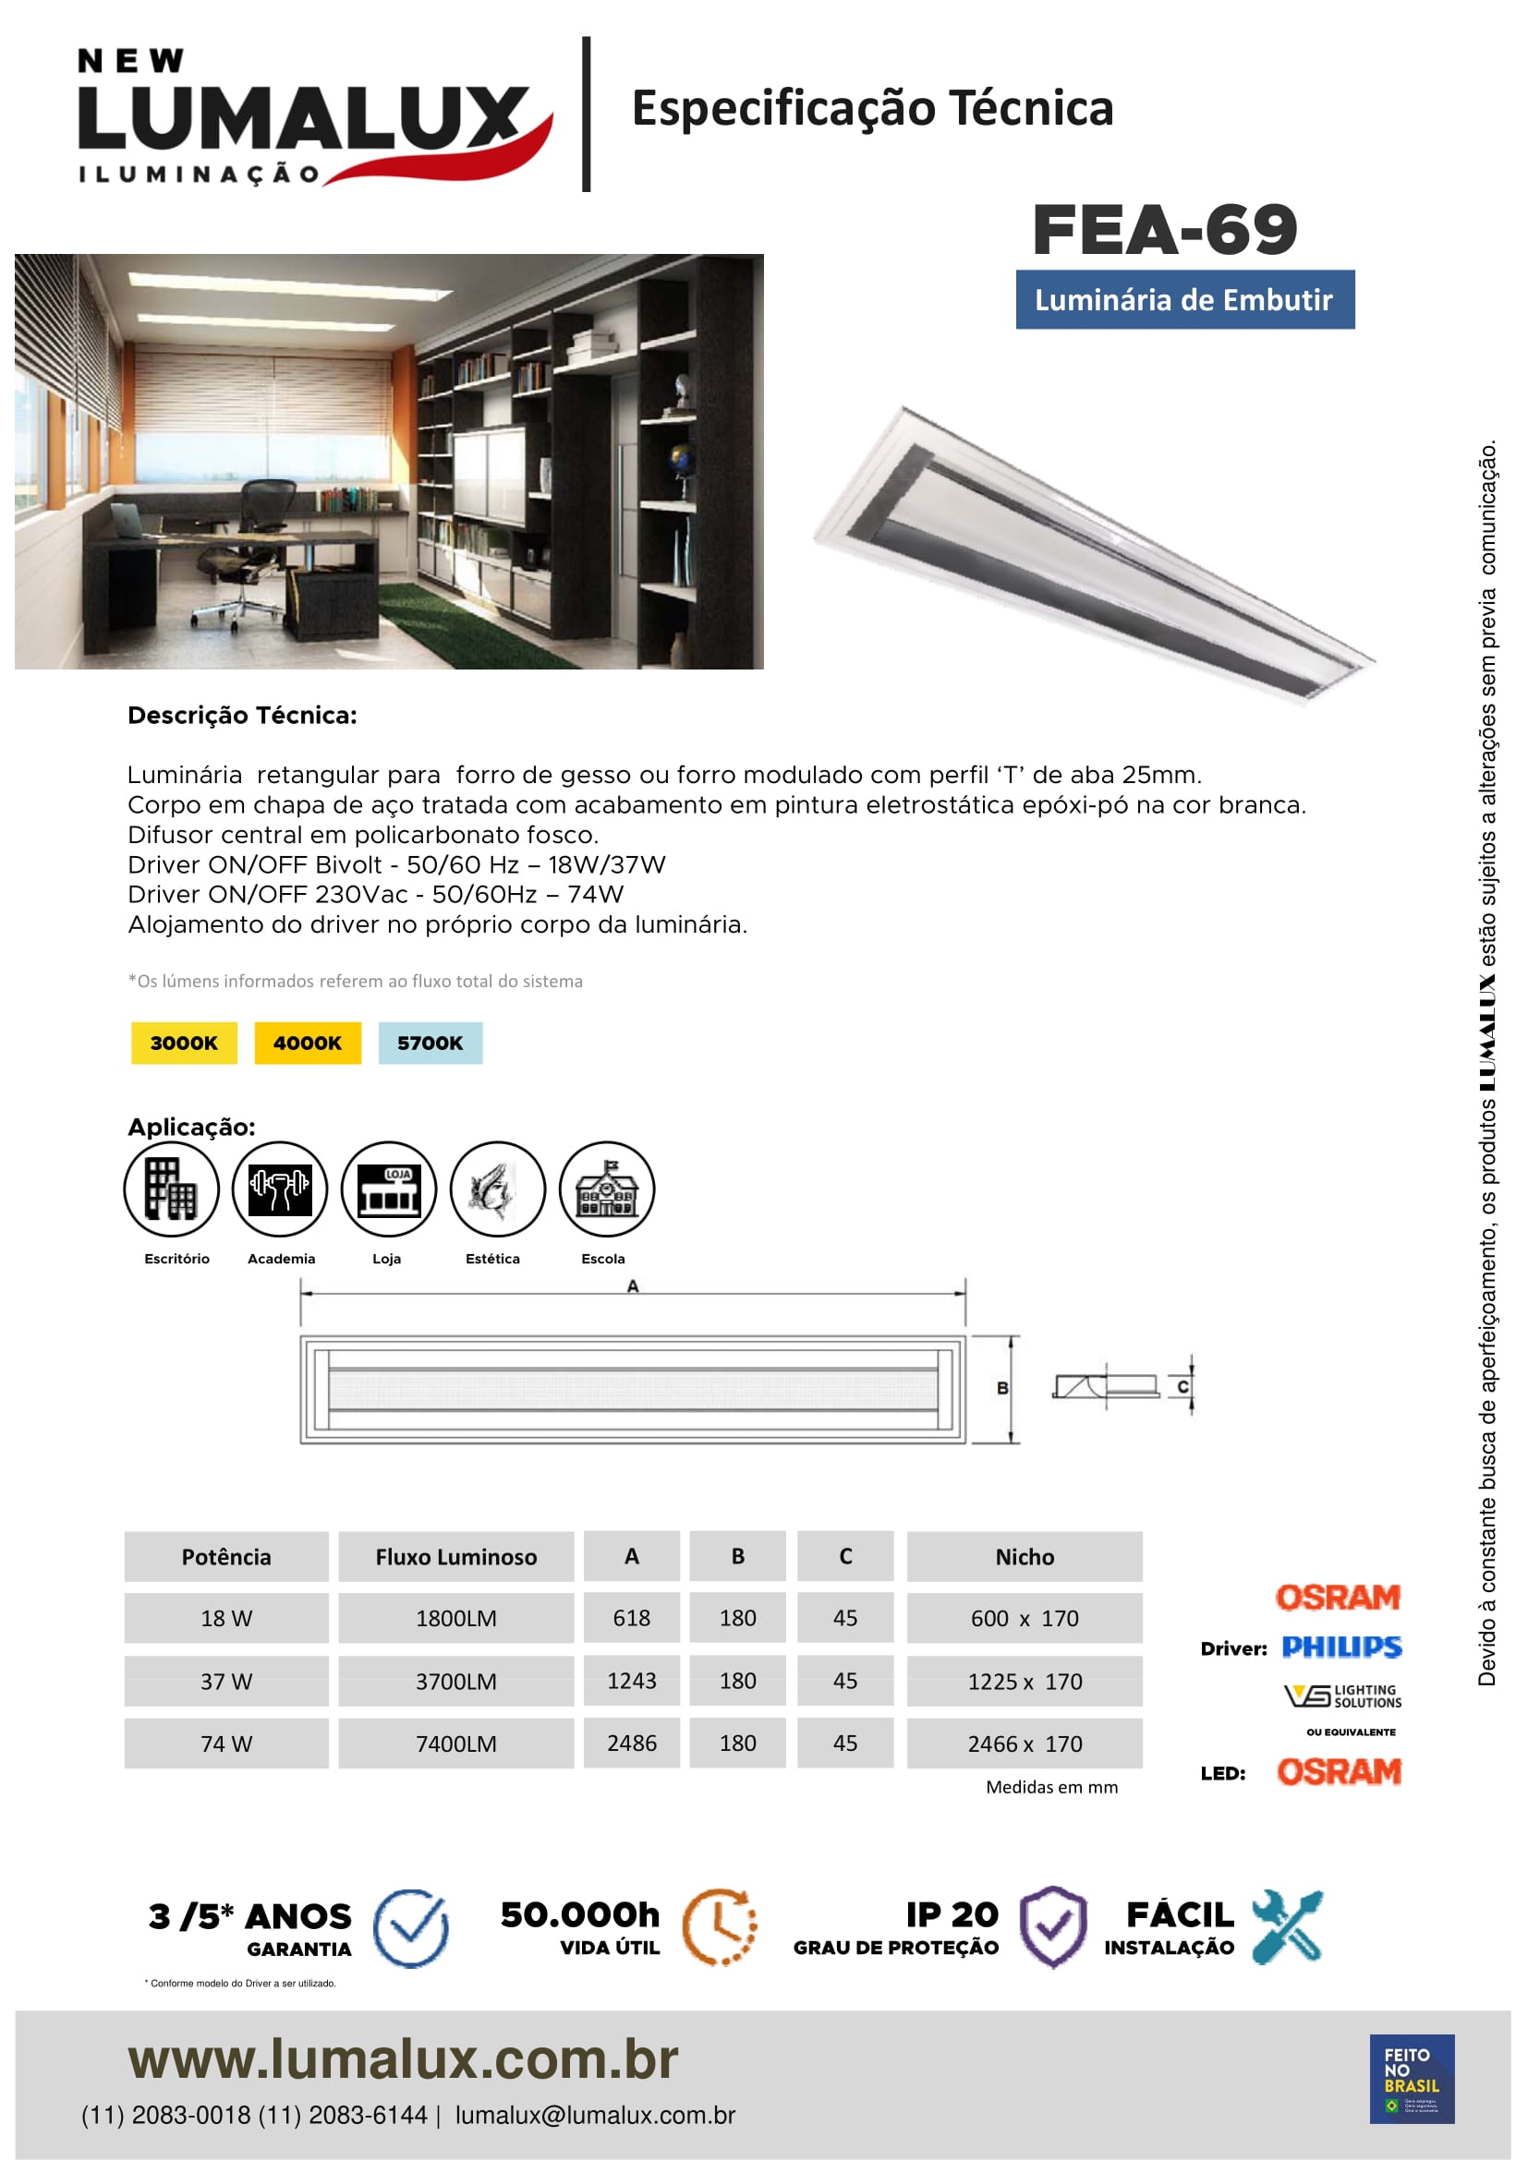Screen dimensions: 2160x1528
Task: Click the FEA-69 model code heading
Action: [x=1164, y=231]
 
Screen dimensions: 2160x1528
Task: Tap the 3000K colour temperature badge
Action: [x=184, y=1043]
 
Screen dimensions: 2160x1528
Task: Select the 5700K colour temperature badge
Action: [x=430, y=1043]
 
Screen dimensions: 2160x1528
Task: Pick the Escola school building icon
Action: [x=606, y=1189]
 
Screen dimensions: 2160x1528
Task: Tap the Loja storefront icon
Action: [x=389, y=1189]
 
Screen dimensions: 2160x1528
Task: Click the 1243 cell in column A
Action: [x=631, y=1680]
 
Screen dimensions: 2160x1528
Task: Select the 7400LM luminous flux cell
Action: [x=456, y=1744]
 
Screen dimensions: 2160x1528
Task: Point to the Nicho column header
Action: [x=1025, y=1557]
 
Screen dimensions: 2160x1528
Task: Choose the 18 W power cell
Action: [x=225, y=1618]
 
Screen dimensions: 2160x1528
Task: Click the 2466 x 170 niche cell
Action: [x=1025, y=1744]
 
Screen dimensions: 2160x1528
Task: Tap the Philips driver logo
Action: [x=1341, y=1647]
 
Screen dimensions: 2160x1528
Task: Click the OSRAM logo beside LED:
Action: [x=1339, y=1772]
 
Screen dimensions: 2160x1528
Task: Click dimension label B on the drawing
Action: [x=1002, y=1389]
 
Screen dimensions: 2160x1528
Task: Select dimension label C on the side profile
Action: [x=1182, y=1387]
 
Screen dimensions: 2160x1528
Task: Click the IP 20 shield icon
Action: [x=1054, y=1926]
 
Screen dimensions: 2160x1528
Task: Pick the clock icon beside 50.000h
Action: [x=719, y=1925]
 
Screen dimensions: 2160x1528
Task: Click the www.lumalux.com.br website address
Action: [x=403, y=2058]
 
